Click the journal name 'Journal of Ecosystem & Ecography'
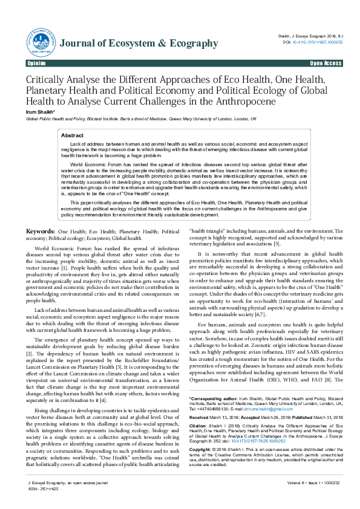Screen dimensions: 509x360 point(138,43)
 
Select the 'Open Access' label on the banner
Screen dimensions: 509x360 point(326,63)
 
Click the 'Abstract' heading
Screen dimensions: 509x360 point(73,136)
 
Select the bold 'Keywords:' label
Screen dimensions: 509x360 point(41,232)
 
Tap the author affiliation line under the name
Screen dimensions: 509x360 point(133,119)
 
